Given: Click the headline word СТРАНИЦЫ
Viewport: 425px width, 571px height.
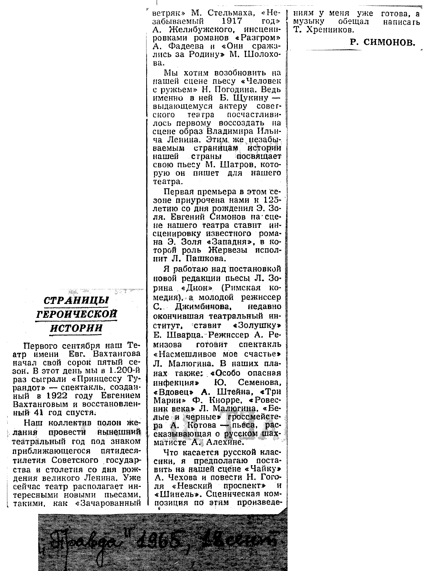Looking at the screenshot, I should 77,300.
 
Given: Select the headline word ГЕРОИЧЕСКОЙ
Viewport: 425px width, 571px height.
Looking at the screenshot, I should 77,314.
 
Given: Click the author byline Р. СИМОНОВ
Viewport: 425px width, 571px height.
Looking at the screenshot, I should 382,42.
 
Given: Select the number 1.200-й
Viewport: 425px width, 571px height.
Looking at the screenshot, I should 125,371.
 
